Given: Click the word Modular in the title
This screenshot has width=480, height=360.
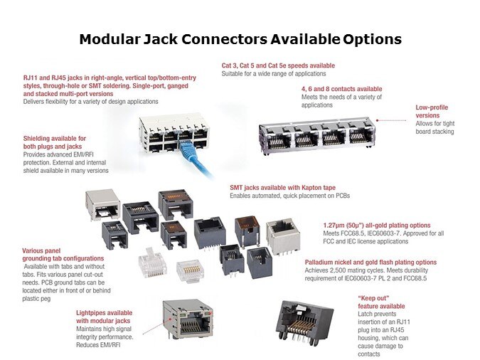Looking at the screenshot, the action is click(x=110, y=39).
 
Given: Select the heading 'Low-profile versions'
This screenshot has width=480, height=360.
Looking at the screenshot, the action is click(x=432, y=112).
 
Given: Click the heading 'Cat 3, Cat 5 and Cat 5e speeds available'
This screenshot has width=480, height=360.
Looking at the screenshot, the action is click(x=278, y=65).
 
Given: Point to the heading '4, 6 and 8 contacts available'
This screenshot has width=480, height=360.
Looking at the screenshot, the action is click(x=341, y=89).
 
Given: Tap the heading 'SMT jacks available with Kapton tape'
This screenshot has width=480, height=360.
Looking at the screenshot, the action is click(x=282, y=188).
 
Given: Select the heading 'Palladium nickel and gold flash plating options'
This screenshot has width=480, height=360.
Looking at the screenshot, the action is click(x=370, y=263).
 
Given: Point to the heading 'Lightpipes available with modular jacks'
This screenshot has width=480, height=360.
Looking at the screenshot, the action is click(x=104, y=317).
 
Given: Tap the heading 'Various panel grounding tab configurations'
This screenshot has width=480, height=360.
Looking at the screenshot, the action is click(x=63, y=255).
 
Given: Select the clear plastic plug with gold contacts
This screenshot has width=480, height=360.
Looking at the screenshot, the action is click(x=190, y=271).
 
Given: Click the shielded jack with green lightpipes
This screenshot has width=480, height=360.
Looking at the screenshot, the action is click(x=188, y=319).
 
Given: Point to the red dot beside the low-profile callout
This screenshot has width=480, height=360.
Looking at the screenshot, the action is click(x=378, y=120).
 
